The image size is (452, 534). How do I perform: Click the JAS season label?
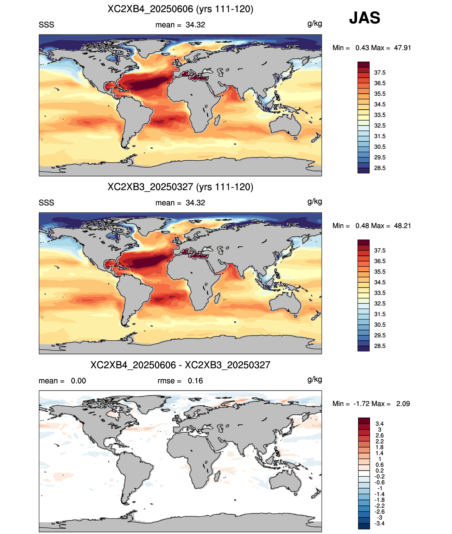[x=364, y=18]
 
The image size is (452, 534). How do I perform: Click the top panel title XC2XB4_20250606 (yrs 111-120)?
[x=180, y=9]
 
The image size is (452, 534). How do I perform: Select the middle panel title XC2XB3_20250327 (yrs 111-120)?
[x=180, y=187]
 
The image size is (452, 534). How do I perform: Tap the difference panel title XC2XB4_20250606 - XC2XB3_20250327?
[x=180, y=365]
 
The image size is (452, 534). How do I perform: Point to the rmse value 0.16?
[x=195, y=381]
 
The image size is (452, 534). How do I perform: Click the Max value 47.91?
[x=402, y=48]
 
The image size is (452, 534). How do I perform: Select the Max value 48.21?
[x=402, y=226]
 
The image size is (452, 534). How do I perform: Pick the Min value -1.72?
[x=362, y=404]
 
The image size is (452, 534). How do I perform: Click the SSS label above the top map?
[x=46, y=25]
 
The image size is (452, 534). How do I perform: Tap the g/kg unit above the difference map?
[x=315, y=380]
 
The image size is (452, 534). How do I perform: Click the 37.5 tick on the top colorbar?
[x=380, y=73]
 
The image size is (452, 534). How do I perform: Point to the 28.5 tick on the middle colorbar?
[x=380, y=346]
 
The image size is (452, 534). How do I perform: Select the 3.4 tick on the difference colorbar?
[x=380, y=424]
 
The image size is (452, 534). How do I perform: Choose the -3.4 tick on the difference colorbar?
[x=380, y=524]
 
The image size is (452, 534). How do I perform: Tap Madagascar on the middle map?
[x=217, y=298]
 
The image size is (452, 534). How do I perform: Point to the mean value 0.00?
[x=78, y=381]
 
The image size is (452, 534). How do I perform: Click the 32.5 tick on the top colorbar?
[x=380, y=126]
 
